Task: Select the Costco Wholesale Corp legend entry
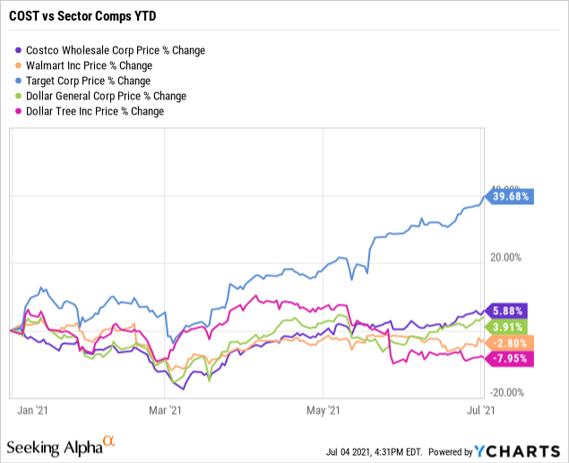[x=113, y=50]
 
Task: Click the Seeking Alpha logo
[x=61, y=445]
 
